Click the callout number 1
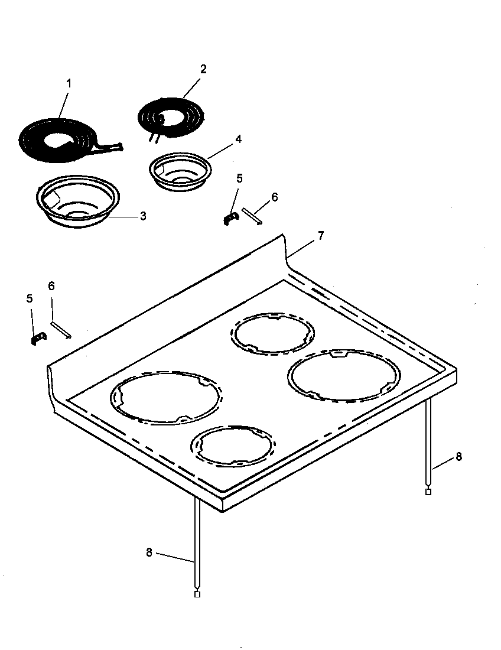click(x=69, y=83)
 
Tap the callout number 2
click(x=203, y=69)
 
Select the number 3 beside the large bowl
click(x=143, y=216)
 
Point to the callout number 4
click(x=238, y=139)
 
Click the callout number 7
click(x=320, y=236)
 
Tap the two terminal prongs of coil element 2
click(x=153, y=138)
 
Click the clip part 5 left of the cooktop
click(x=38, y=337)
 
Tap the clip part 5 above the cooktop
click(x=230, y=218)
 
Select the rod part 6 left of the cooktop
click(x=61, y=330)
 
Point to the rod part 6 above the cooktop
click(x=251, y=216)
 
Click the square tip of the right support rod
click(x=428, y=492)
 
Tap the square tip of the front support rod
click(x=197, y=594)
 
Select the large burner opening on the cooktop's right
click(x=343, y=376)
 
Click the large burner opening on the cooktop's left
click(x=167, y=398)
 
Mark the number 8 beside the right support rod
click(x=459, y=457)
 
